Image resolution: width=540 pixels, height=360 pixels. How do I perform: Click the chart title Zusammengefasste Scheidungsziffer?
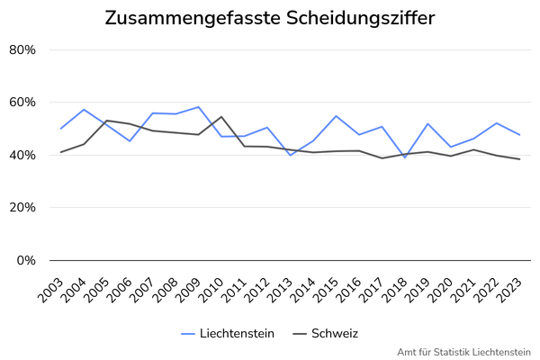pyautogui.click(x=270, y=18)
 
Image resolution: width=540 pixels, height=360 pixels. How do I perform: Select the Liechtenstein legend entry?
pyautogui.click(x=228, y=334)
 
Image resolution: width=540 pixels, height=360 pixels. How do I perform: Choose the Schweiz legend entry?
pyautogui.click(x=326, y=334)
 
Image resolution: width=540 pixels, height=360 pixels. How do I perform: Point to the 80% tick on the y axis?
pyautogui.click(x=22, y=50)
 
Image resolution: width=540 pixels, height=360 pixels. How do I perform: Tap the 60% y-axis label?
pyautogui.click(x=22, y=103)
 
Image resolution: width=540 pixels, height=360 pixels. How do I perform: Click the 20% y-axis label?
pyautogui.click(x=22, y=207)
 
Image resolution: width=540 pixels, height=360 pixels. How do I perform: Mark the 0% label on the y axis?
pyautogui.click(x=26, y=260)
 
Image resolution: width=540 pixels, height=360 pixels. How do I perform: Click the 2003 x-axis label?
pyautogui.click(x=51, y=290)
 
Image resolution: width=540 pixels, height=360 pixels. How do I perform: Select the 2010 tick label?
pyautogui.click(x=211, y=290)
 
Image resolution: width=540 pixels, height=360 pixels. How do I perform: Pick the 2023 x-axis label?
pyautogui.click(x=509, y=290)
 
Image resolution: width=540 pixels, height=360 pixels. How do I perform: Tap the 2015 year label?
pyautogui.click(x=326, y=290)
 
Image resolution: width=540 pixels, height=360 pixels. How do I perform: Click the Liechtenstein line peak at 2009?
pyautogui.click(x=198, y=107)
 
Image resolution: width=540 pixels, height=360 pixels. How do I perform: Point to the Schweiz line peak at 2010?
pyautogui.click(x=221, y=117)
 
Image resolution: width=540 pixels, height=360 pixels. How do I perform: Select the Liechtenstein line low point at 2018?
pyautogui.click(x=405, y=157)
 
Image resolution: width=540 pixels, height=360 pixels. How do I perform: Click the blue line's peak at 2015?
pyautogui.click(x=336, y=116)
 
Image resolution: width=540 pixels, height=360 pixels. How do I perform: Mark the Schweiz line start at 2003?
pyautogui.click(x=60, y=152)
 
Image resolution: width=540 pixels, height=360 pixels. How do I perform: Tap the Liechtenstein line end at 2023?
pyautogui.click(x=519, y=135)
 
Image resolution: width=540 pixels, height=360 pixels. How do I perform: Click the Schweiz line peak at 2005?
pyautogui.click(x=106, y=121)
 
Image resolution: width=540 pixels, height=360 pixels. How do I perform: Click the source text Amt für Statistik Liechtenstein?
pyautogui.click(x=463, y=353)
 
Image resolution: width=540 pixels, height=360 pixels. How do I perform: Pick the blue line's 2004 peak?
pyautogui.click(x=84, y=110)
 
